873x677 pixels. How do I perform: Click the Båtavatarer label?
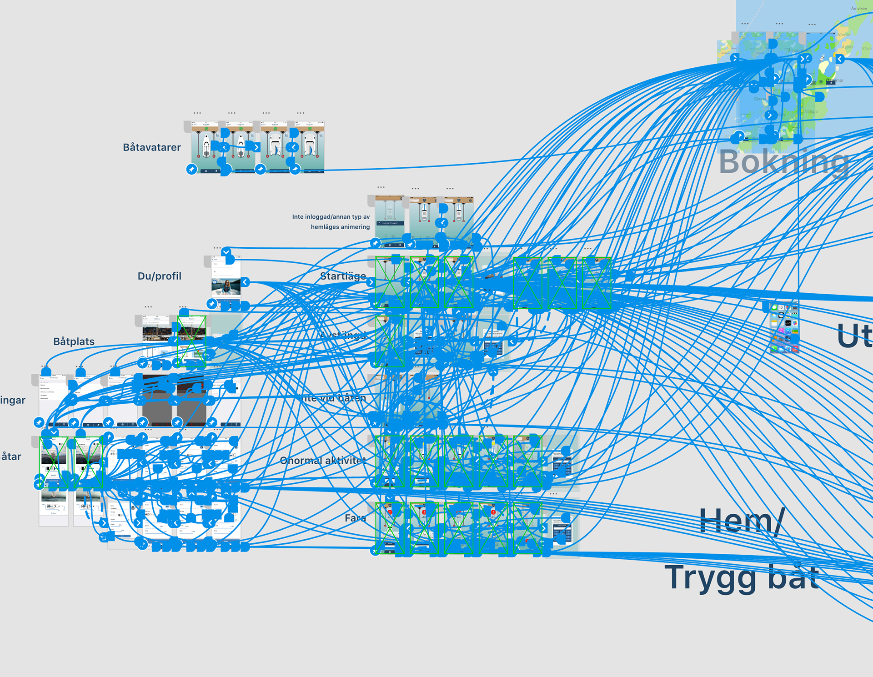(x=152, y=147)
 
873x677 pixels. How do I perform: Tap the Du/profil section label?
(x=159, y=276)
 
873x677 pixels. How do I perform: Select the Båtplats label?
(x=74, y=341)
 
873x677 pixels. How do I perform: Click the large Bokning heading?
(x=784, y=162)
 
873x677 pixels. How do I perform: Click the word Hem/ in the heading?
(x=741, y=521)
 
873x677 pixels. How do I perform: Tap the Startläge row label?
(x=343, y=276)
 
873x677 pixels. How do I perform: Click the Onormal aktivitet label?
(x=323, y=461)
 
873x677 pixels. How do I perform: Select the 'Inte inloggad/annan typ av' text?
(x=331, y=217)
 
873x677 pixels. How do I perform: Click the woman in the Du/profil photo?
(x=226, y=286)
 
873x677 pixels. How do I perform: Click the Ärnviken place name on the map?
(x=858, y=8)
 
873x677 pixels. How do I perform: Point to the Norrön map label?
(x=843, y=35)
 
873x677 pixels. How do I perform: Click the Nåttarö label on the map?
(x=811, y=111)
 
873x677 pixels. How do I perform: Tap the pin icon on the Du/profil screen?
(x=211, y=303)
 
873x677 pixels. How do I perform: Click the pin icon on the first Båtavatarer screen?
(x=192, y=169)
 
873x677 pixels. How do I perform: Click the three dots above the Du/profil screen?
(x=217, y=248)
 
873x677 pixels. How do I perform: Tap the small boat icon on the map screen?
(x=822, y=58)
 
